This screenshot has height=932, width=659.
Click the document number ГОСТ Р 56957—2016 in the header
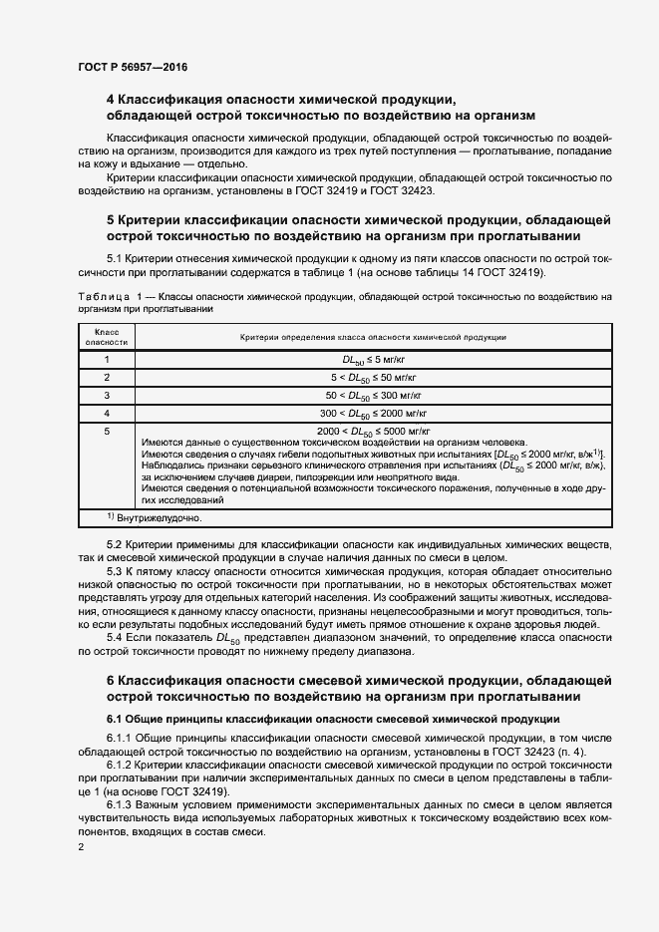pos(132,67)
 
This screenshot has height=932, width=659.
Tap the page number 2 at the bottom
pos(81,847)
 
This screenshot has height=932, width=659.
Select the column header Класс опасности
pos(106,337)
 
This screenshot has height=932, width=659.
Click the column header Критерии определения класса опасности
pos(373,338)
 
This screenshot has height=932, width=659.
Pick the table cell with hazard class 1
pos(106,359)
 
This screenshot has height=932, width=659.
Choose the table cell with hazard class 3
pos(106,395)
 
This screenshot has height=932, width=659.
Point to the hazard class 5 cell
pos(106,431)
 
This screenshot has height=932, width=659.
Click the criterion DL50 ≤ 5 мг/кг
pos(373,360)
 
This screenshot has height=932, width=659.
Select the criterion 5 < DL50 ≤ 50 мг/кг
pos(373,378)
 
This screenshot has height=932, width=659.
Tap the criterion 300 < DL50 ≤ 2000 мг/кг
pos(373,413)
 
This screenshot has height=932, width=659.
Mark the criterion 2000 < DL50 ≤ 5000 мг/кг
pos(373,431)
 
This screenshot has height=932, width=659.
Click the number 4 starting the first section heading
pos(111,99)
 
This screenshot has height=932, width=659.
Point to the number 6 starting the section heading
pos(111,680)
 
